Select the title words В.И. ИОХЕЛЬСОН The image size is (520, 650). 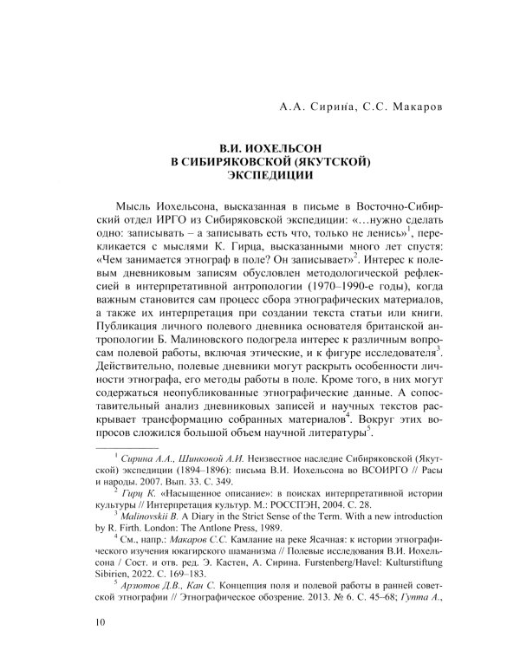click(259, 148)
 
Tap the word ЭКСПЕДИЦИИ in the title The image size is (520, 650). click(259, 174)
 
